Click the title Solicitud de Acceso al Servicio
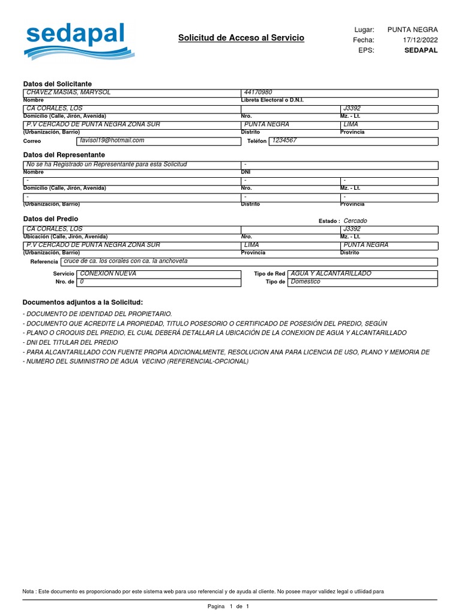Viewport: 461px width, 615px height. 241,38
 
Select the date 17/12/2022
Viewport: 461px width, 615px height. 420,40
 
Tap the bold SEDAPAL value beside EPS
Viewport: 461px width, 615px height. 421,50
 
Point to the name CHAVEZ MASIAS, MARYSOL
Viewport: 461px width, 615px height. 69,92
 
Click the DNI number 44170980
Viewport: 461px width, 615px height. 258,92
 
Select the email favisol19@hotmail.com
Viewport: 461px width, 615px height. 112,141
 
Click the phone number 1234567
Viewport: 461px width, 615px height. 284,141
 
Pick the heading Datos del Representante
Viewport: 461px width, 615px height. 64,155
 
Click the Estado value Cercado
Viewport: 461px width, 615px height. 355,221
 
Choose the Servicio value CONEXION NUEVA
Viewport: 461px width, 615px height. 108,273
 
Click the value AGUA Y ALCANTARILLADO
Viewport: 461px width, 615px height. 331,273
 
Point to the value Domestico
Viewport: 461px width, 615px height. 306,282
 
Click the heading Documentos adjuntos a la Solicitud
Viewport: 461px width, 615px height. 83,302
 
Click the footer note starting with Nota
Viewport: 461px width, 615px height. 203,592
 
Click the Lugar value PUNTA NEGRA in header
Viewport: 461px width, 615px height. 412,29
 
